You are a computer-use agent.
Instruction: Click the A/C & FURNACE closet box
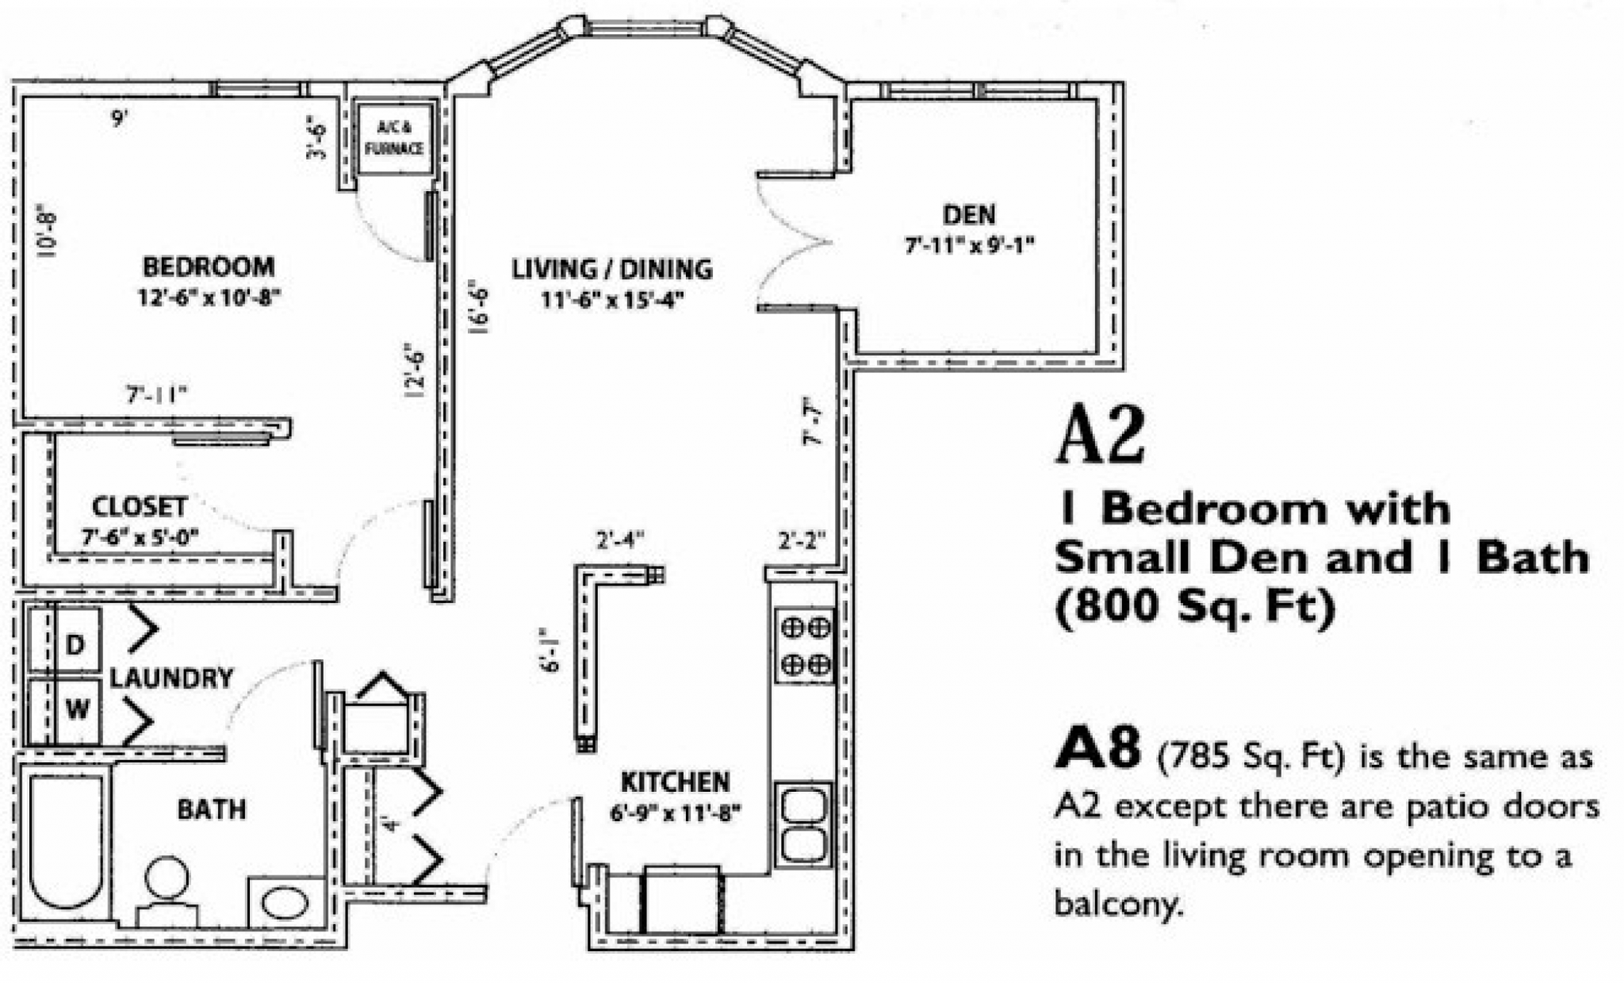pos(394,138)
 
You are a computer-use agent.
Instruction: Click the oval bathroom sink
pos(285,903)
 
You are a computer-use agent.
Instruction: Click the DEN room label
pos(969,215)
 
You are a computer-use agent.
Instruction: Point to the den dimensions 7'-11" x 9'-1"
pos(969,245)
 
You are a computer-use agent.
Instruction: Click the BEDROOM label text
pos(209,267)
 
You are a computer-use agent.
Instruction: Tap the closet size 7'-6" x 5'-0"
pos(140,537)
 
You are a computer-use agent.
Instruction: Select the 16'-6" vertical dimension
pos(479,307)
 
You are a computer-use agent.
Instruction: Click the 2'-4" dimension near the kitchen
pos(620,541)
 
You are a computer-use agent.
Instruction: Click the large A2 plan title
pos(1101,437)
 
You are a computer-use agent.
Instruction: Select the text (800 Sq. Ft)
pos(1194,608)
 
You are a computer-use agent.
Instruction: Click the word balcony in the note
pos(1114,904)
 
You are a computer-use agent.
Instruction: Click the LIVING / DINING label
pos(611,270)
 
